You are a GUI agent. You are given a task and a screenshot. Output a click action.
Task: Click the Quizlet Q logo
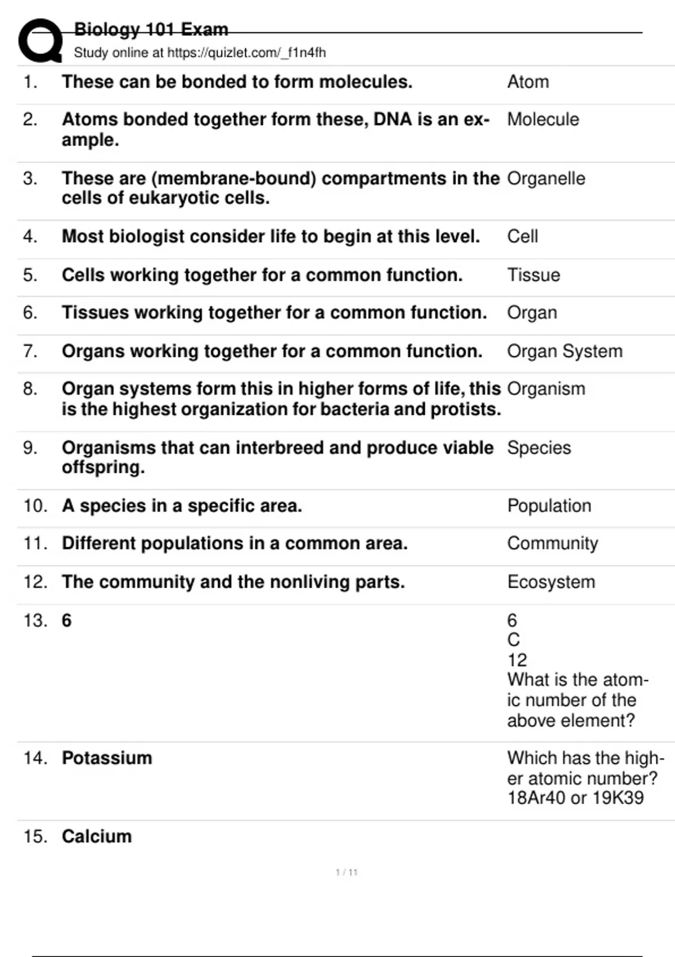point(40,41)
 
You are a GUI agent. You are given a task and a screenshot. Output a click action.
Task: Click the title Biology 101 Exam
point(151,29)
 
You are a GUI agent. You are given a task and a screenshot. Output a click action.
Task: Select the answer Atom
point(528,82)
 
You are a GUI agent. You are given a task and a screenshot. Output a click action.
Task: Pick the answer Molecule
point(543,119)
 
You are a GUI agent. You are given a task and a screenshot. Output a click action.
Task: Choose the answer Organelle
point(546,178)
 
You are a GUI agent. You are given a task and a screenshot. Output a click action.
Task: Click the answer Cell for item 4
point(522,236)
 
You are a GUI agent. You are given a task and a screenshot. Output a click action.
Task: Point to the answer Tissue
point(533,275)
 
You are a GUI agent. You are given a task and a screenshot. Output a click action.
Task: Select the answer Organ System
point(564,351)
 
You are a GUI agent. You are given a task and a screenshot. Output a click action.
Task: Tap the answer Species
point(538,448)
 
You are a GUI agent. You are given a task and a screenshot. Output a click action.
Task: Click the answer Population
point(548,506)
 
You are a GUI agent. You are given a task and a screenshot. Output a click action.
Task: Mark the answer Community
point(552,544)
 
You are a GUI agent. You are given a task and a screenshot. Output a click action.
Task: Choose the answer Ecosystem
point(551,582)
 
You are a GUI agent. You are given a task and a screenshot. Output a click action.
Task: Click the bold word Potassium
point(107,758)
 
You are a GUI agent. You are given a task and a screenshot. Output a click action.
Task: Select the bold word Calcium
point(97,837)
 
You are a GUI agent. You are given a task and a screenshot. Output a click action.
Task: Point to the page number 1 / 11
point(346,873)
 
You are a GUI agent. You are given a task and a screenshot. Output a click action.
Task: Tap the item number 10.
point(35,506)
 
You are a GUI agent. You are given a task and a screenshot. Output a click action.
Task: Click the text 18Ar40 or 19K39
point(575,798)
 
